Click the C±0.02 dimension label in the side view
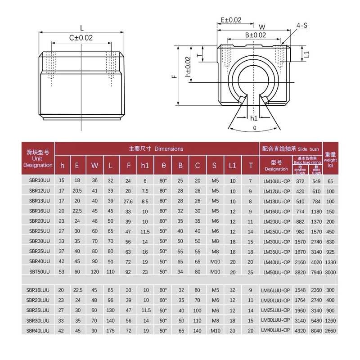81,38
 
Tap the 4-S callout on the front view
301,26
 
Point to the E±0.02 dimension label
231,20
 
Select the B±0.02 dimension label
255,35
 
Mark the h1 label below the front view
253,118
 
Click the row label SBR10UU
38,180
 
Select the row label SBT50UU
38,271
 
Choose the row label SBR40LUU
38,330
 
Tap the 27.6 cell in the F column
128,201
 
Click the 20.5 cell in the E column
77,191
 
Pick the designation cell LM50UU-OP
276,271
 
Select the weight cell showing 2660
330,330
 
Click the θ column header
163,165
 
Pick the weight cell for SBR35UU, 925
330,251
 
